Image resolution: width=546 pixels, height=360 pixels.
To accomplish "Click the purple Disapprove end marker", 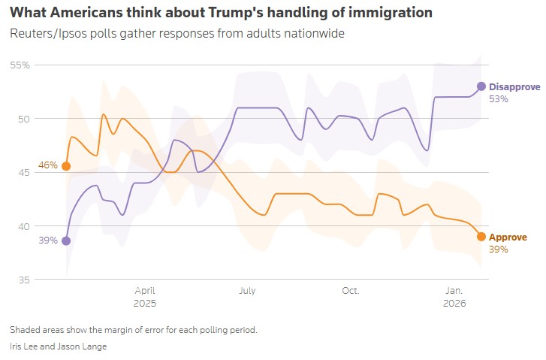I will click(481, 86).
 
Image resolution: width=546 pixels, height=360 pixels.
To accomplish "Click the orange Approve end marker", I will click(481, 237).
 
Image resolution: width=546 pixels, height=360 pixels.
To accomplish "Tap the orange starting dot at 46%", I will click(66, 166).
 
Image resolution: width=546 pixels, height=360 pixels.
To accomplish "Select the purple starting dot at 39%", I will click(66, 241).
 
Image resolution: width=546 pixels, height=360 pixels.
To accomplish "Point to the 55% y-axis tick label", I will click(20, 65).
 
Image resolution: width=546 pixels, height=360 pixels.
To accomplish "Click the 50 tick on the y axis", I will click(23, 119).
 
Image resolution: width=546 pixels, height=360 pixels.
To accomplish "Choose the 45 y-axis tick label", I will click(23, 173).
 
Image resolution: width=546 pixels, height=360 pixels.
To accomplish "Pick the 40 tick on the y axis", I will click(23, 226).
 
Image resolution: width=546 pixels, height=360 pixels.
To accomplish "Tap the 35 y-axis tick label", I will click(23, 280).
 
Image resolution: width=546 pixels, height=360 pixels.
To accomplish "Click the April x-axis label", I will click(145, 290).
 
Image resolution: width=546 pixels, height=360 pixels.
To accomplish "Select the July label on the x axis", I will click(248, 290).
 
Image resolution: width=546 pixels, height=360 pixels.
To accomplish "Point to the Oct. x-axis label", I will click(350, 290).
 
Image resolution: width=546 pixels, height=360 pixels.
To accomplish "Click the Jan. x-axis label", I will click(454, 290).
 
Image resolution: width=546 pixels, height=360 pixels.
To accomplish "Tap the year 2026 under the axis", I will click(454, 304).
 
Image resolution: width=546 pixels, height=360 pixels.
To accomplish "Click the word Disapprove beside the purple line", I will click(514, 87).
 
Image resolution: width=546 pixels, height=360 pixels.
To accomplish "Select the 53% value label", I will click(499, 98).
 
